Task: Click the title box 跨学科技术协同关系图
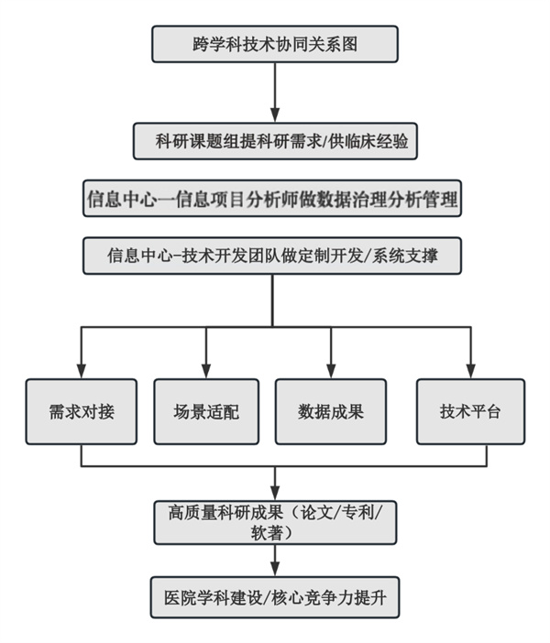275,44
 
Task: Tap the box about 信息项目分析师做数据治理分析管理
271,199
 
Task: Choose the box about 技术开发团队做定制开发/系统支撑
271,256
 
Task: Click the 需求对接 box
82,411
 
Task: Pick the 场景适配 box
206,411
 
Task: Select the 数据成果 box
331,411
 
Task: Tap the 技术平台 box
470,411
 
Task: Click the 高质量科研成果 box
275,523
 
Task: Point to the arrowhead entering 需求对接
82,371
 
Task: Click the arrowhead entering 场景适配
206,371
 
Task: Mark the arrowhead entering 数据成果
331,371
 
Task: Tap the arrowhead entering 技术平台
470,371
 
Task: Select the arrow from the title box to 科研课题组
275,92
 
